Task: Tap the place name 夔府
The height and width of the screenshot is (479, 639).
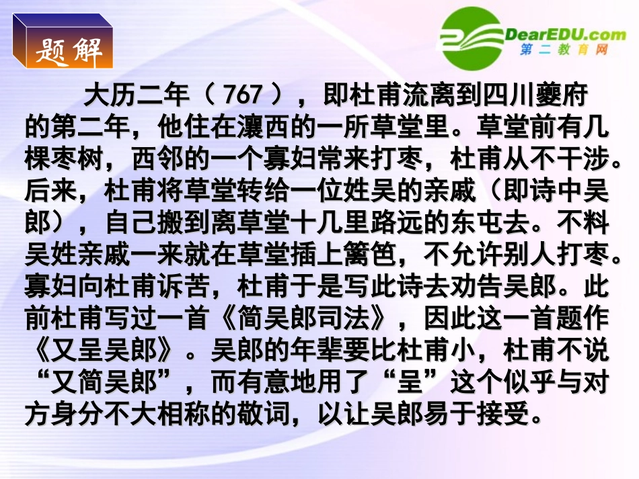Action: pyautogui.click(x=566, y=96)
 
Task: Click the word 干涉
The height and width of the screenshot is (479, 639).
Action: pyautogui.click(x=589, y=159)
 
